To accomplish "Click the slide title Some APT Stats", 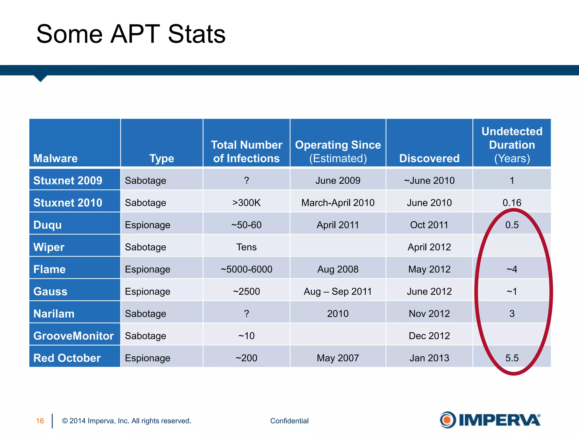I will click(x=131, y=34).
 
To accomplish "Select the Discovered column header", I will click(x=429, y=158).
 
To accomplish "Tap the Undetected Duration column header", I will click(x=512, y=145).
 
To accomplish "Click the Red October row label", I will click(x=67, y=358).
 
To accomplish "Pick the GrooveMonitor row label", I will click(x=74, y=336).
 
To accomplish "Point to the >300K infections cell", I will click(x=246, y=203).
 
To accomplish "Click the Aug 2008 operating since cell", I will click(x=338, y=269).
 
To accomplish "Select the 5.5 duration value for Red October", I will click(x=512, y=358).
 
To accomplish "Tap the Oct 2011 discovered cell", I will click(x=429, y=225).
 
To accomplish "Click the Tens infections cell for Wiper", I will click(x=246, y=247).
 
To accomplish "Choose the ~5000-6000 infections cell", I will click(x=246, y=269).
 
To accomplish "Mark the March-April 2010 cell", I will click(x=338, y=203).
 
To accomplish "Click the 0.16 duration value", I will click(x=512, y=203).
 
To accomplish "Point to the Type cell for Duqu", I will click(x=148, y=225).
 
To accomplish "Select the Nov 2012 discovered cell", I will click(x=429, y=314).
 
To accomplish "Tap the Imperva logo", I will click(x=490, y=420).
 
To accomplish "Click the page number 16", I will click(x=40, y=421).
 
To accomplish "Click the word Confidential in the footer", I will click(x=289, y=421).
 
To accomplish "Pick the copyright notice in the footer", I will click(x=127, y=421).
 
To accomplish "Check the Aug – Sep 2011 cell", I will click(x=338, y=291).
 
